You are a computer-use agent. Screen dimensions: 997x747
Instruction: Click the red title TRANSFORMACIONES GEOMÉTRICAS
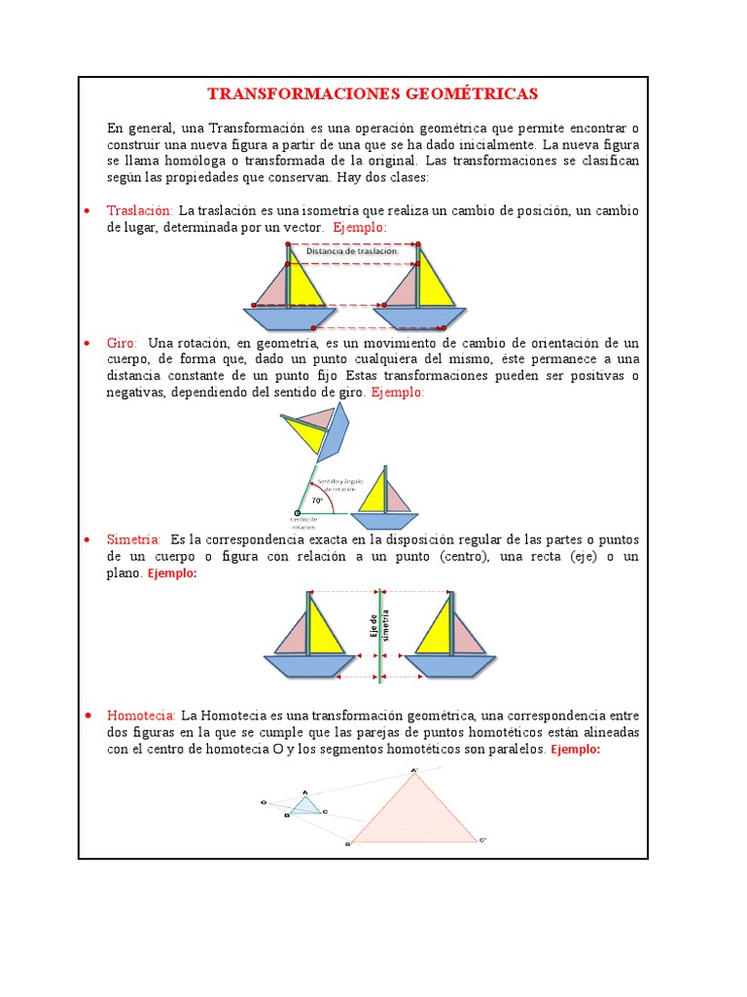(373, 94)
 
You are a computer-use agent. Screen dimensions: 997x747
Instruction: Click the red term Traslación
(139, 211)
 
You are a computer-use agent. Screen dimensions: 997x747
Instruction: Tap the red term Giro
(122, 343)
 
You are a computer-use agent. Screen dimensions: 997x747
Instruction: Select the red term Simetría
(134, 539)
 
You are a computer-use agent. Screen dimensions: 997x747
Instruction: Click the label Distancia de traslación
(351, 251)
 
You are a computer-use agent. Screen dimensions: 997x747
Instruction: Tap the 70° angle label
(317, 502)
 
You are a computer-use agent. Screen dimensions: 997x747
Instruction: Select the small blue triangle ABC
(306, 806)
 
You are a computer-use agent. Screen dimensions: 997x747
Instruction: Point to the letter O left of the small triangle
(264, 802)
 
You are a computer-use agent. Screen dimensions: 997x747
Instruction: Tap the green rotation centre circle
(298, 513)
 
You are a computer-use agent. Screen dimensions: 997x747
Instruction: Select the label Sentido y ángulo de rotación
(333, 480)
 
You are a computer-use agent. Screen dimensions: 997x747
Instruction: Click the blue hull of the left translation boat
(289, 318)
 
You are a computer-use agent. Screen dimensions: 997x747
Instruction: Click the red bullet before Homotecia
(88, 716)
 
